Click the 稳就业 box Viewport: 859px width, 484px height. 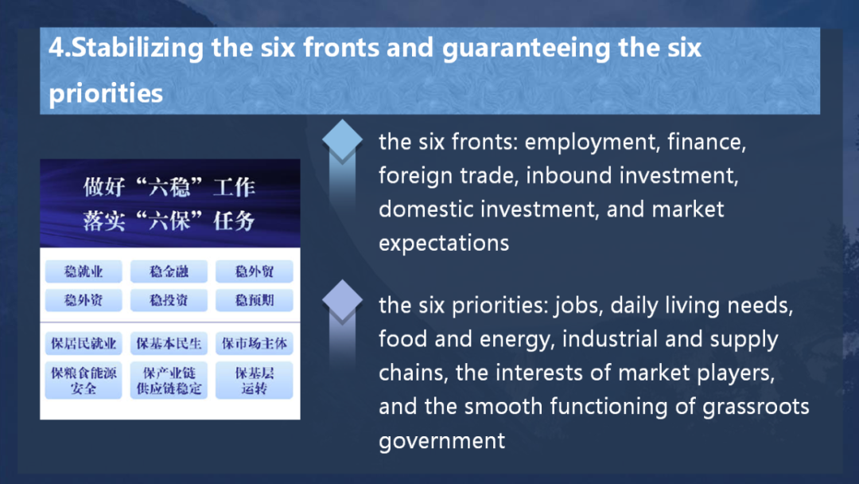tap(84, 271)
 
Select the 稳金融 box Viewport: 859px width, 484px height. tap(169, 271)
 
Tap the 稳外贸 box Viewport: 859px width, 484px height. tap(255, 271)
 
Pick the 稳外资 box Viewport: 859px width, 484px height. tap(84, 300)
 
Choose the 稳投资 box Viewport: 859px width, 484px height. tap(169, 300)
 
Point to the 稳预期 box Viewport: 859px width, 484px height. tap(255, 300)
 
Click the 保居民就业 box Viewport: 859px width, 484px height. tap(84, 344)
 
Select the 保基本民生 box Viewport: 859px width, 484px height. tap(169, 344)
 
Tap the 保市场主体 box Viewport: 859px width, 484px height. tap(255, 344)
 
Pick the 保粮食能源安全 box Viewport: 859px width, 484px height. tap(84, 381)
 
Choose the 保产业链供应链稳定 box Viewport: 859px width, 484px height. tap(169, 381)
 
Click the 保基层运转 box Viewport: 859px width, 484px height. tap(255, 381)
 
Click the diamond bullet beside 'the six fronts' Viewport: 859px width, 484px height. tap(342, 140)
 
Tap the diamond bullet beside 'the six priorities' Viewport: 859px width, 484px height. tap(342, 300)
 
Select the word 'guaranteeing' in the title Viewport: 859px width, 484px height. tap(526, 49)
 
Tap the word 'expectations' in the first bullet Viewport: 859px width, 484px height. tap(444, 244)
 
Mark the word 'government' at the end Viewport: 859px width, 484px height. tap(441, 441)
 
